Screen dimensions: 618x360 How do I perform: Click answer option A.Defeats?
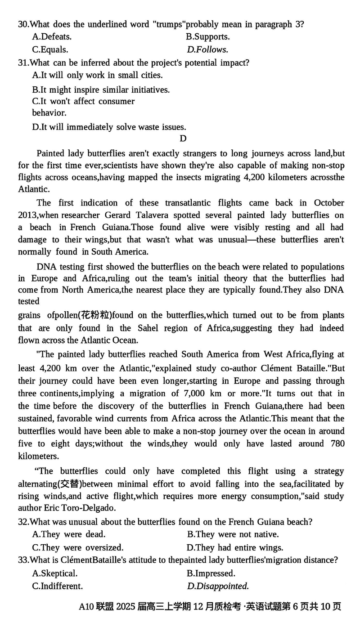tap(52, 37)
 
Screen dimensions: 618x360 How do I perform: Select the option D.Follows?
tap(207, 49)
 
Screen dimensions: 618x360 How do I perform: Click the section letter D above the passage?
tap(183, 139)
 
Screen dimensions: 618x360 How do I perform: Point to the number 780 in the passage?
tap(337, 443)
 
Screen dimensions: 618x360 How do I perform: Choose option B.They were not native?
tap(233, 534)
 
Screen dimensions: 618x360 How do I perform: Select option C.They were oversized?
tap(78, 547)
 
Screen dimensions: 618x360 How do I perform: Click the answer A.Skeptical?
tap(55, 573)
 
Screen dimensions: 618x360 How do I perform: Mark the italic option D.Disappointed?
tap(218, 586)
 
